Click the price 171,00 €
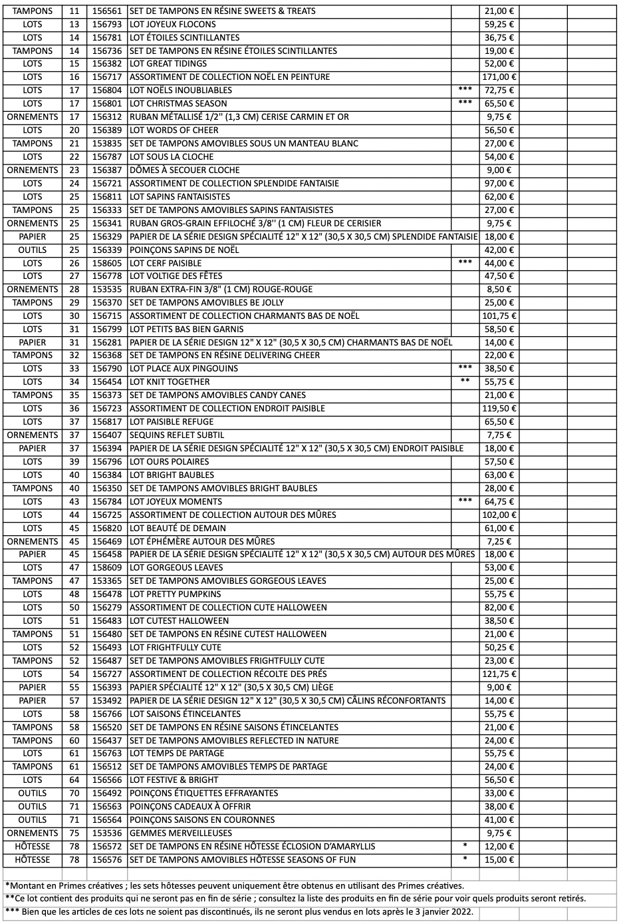click(x=499, y=77)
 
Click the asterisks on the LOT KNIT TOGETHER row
click(x=465, y=381)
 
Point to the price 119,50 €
click(x=499, y=409)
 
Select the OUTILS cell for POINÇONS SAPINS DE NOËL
click(x=33, y=250)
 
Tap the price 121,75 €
click(x=499, y=674)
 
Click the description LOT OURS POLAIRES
click(x=170, y=462)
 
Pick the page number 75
click(x=74, y=833)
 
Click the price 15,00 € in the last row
click(x=499, y=860)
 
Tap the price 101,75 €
click(x=499, y=316)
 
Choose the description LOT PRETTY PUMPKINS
click(x=176, y=594)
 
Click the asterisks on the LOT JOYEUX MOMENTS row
click(x=465, y=501)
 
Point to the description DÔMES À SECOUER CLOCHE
click(x=185, y=170)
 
